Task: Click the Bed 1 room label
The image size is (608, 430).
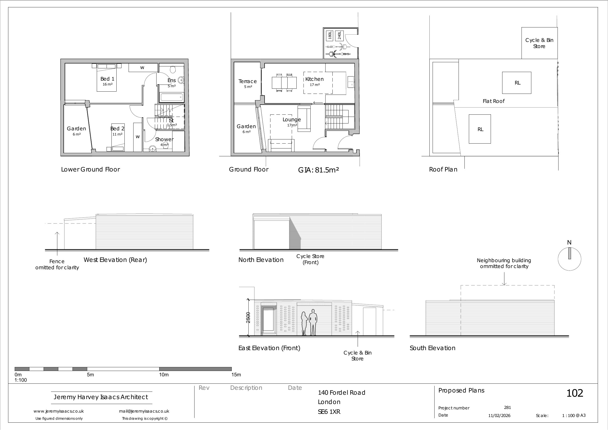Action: coord(107,79)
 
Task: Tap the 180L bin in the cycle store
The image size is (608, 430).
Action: coord(330,35)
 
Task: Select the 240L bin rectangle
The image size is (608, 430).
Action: coord(339,35)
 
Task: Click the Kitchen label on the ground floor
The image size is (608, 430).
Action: coord(314,79)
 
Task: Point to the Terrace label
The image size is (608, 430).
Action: coord(247,81)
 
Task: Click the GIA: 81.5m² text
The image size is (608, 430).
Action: coord(318,170)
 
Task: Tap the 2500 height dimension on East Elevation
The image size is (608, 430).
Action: coord(248,318)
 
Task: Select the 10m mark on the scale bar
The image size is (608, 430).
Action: coord(164,375)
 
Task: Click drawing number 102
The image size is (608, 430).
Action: coord(575,393)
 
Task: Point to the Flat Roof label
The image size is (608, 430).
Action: coord(494,101)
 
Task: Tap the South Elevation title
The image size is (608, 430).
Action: coord(432,348)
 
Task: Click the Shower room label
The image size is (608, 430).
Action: coord(164,139)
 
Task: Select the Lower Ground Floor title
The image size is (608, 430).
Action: coord(91,169)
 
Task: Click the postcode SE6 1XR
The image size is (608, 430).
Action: coord(329,412)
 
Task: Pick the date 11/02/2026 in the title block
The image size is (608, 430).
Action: coord(499,416)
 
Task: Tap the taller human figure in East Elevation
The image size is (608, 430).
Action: coord(313,322)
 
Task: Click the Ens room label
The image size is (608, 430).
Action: coord(171,80)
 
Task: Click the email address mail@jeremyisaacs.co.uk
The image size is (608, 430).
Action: coord(144,411)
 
